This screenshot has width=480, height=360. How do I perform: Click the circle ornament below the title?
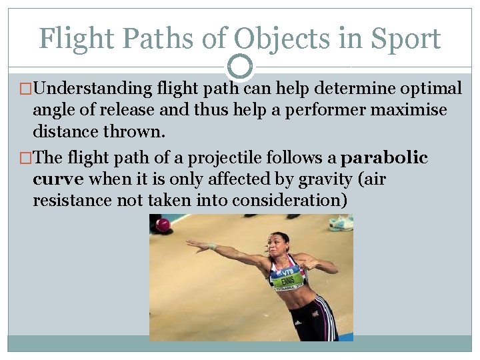[240, 67]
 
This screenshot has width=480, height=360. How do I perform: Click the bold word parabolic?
[384, 158]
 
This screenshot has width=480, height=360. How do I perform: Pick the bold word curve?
[58, 179]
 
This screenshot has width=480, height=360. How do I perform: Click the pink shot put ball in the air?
[162, 225]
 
